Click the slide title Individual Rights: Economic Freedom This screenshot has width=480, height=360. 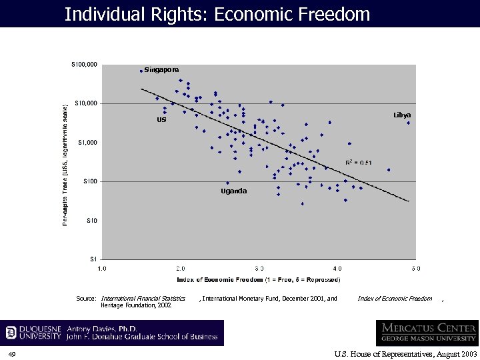pos(217,13)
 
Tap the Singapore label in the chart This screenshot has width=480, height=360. pos(161,70)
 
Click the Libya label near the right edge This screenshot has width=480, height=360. pos(402,115)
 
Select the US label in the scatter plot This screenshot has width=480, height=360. pos(161,120)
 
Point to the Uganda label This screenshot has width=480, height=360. pos(233,191)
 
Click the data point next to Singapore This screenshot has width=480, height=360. pos(141,71)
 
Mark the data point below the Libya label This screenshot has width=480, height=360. pos(408,123)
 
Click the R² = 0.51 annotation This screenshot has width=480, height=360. pos(358,162)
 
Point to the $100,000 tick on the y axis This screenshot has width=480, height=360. pos(85,65)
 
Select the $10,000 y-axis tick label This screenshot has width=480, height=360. pos(86,103)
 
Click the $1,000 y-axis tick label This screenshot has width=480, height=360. pos(87,143)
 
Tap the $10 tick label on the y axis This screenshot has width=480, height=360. pos(92,221)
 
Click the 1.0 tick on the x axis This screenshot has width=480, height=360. pos(102,268)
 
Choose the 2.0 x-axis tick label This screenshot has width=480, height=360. pos(181,268)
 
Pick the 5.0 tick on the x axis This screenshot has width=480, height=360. pos(415,268)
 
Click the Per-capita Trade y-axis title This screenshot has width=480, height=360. pos(65,163)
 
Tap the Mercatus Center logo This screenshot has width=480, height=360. pos(427,333)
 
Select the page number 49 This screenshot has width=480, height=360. pos(12,353)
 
